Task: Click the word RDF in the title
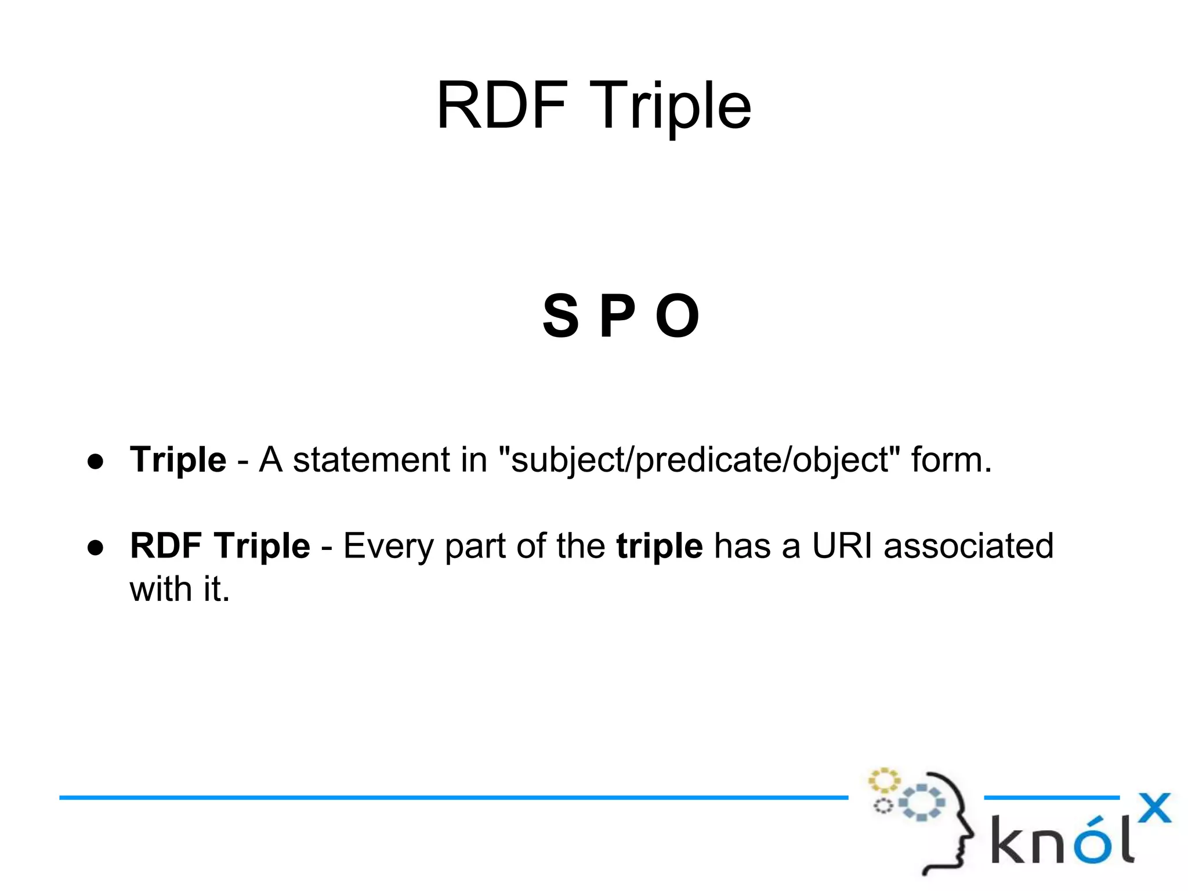click(x=502, y=106)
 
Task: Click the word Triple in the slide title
click(x=671, y=108)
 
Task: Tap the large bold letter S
click(x=560, y=316)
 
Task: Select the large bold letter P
click(x=617, y=316)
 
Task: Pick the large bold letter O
click(x=677, y=316)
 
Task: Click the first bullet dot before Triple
click(x=96, y=461)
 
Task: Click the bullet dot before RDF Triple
click(x=96, y=547)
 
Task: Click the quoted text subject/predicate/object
click(x=700, y=461)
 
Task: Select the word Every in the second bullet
click(x=388, y=547)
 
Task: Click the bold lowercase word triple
click(x=660, y=547)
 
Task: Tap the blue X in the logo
click(x=1154, y=808)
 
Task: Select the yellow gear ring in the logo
click(x=884, y=781)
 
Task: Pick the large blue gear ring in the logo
click(x=922, y=802)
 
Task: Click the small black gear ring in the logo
click(x=883, y=806)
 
